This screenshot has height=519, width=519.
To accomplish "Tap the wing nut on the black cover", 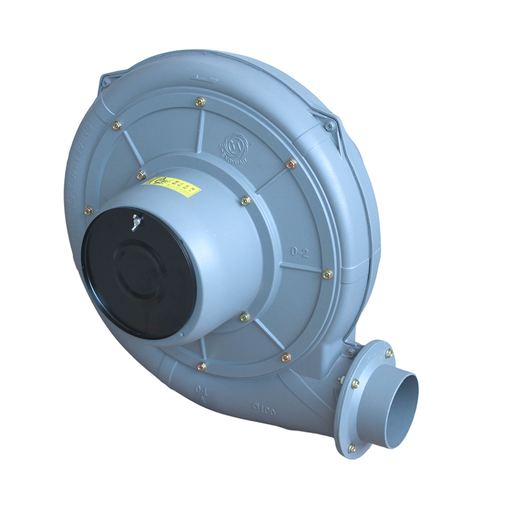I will (x=136, y=222).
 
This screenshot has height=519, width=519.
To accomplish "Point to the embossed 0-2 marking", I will (x=299, y=253).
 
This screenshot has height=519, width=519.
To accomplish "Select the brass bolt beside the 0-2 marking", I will (x=327, y=274).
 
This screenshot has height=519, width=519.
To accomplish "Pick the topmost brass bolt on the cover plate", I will (x=200, y=102).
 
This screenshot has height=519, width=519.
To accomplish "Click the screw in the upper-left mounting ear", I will (x=105, y=83).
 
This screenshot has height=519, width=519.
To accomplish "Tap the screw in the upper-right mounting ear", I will (x=329, y=125).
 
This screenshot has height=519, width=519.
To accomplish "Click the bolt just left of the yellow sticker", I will (x=141, y=175).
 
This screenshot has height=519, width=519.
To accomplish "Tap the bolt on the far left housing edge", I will (x=89, y=210).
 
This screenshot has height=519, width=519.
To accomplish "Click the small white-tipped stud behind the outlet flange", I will (x=341, y=380).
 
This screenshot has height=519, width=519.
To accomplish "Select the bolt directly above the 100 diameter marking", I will (x=286, y=357).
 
